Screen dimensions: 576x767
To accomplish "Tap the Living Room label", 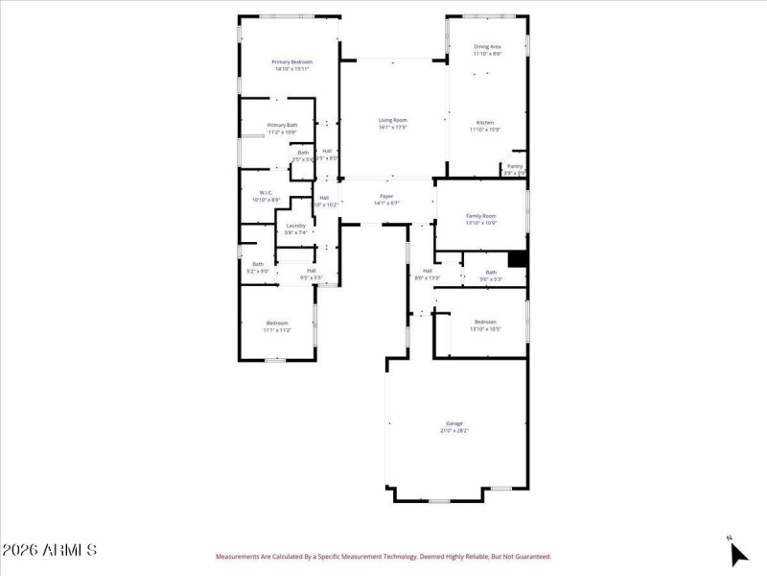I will pos(392,120).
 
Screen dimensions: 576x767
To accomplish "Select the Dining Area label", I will pos(487,46).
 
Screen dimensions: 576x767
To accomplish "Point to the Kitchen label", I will pos(486,122).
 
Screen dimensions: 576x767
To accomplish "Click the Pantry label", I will pos(515,166).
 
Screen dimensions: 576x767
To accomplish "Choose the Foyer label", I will pos(386,196).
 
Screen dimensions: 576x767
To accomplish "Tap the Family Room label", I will pos(481,216).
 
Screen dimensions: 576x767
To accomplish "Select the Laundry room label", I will pos(295,226).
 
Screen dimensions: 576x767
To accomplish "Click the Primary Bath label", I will pos(282,125).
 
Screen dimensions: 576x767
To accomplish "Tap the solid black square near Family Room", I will pos(517,259).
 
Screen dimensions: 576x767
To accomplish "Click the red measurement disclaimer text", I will pos(383,556).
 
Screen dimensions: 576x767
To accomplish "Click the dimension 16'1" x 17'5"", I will pos(392,127).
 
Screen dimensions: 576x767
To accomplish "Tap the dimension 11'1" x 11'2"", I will pos(277,329).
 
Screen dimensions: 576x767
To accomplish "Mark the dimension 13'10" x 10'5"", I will pos(485,328).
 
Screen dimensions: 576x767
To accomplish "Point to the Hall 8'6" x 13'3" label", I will pos(427,274).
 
